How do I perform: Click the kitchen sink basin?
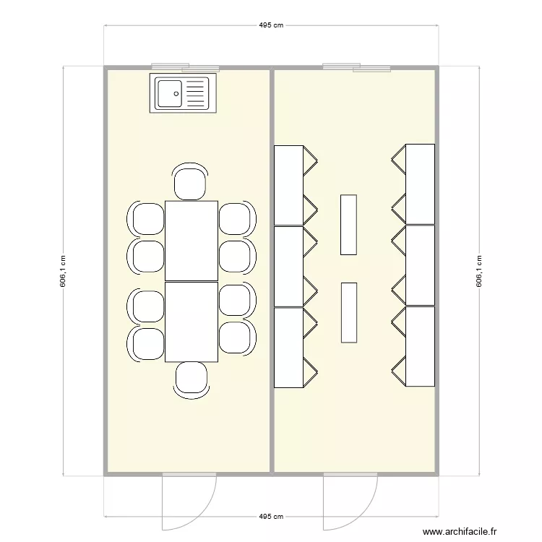170,93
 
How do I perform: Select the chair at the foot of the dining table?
192,379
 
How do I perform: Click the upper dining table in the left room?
192,241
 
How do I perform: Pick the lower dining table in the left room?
192,322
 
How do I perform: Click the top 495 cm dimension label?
271,25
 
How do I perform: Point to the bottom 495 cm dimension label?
271,517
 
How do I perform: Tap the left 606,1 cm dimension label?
63,272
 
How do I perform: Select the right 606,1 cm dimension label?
478,272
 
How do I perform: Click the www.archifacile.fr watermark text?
460,532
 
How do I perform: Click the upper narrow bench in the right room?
348,224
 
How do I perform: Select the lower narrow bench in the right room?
348,312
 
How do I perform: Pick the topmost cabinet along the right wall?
420,184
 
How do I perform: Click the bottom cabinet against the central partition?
288,348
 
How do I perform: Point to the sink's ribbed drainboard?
196,93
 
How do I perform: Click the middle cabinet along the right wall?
420,265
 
